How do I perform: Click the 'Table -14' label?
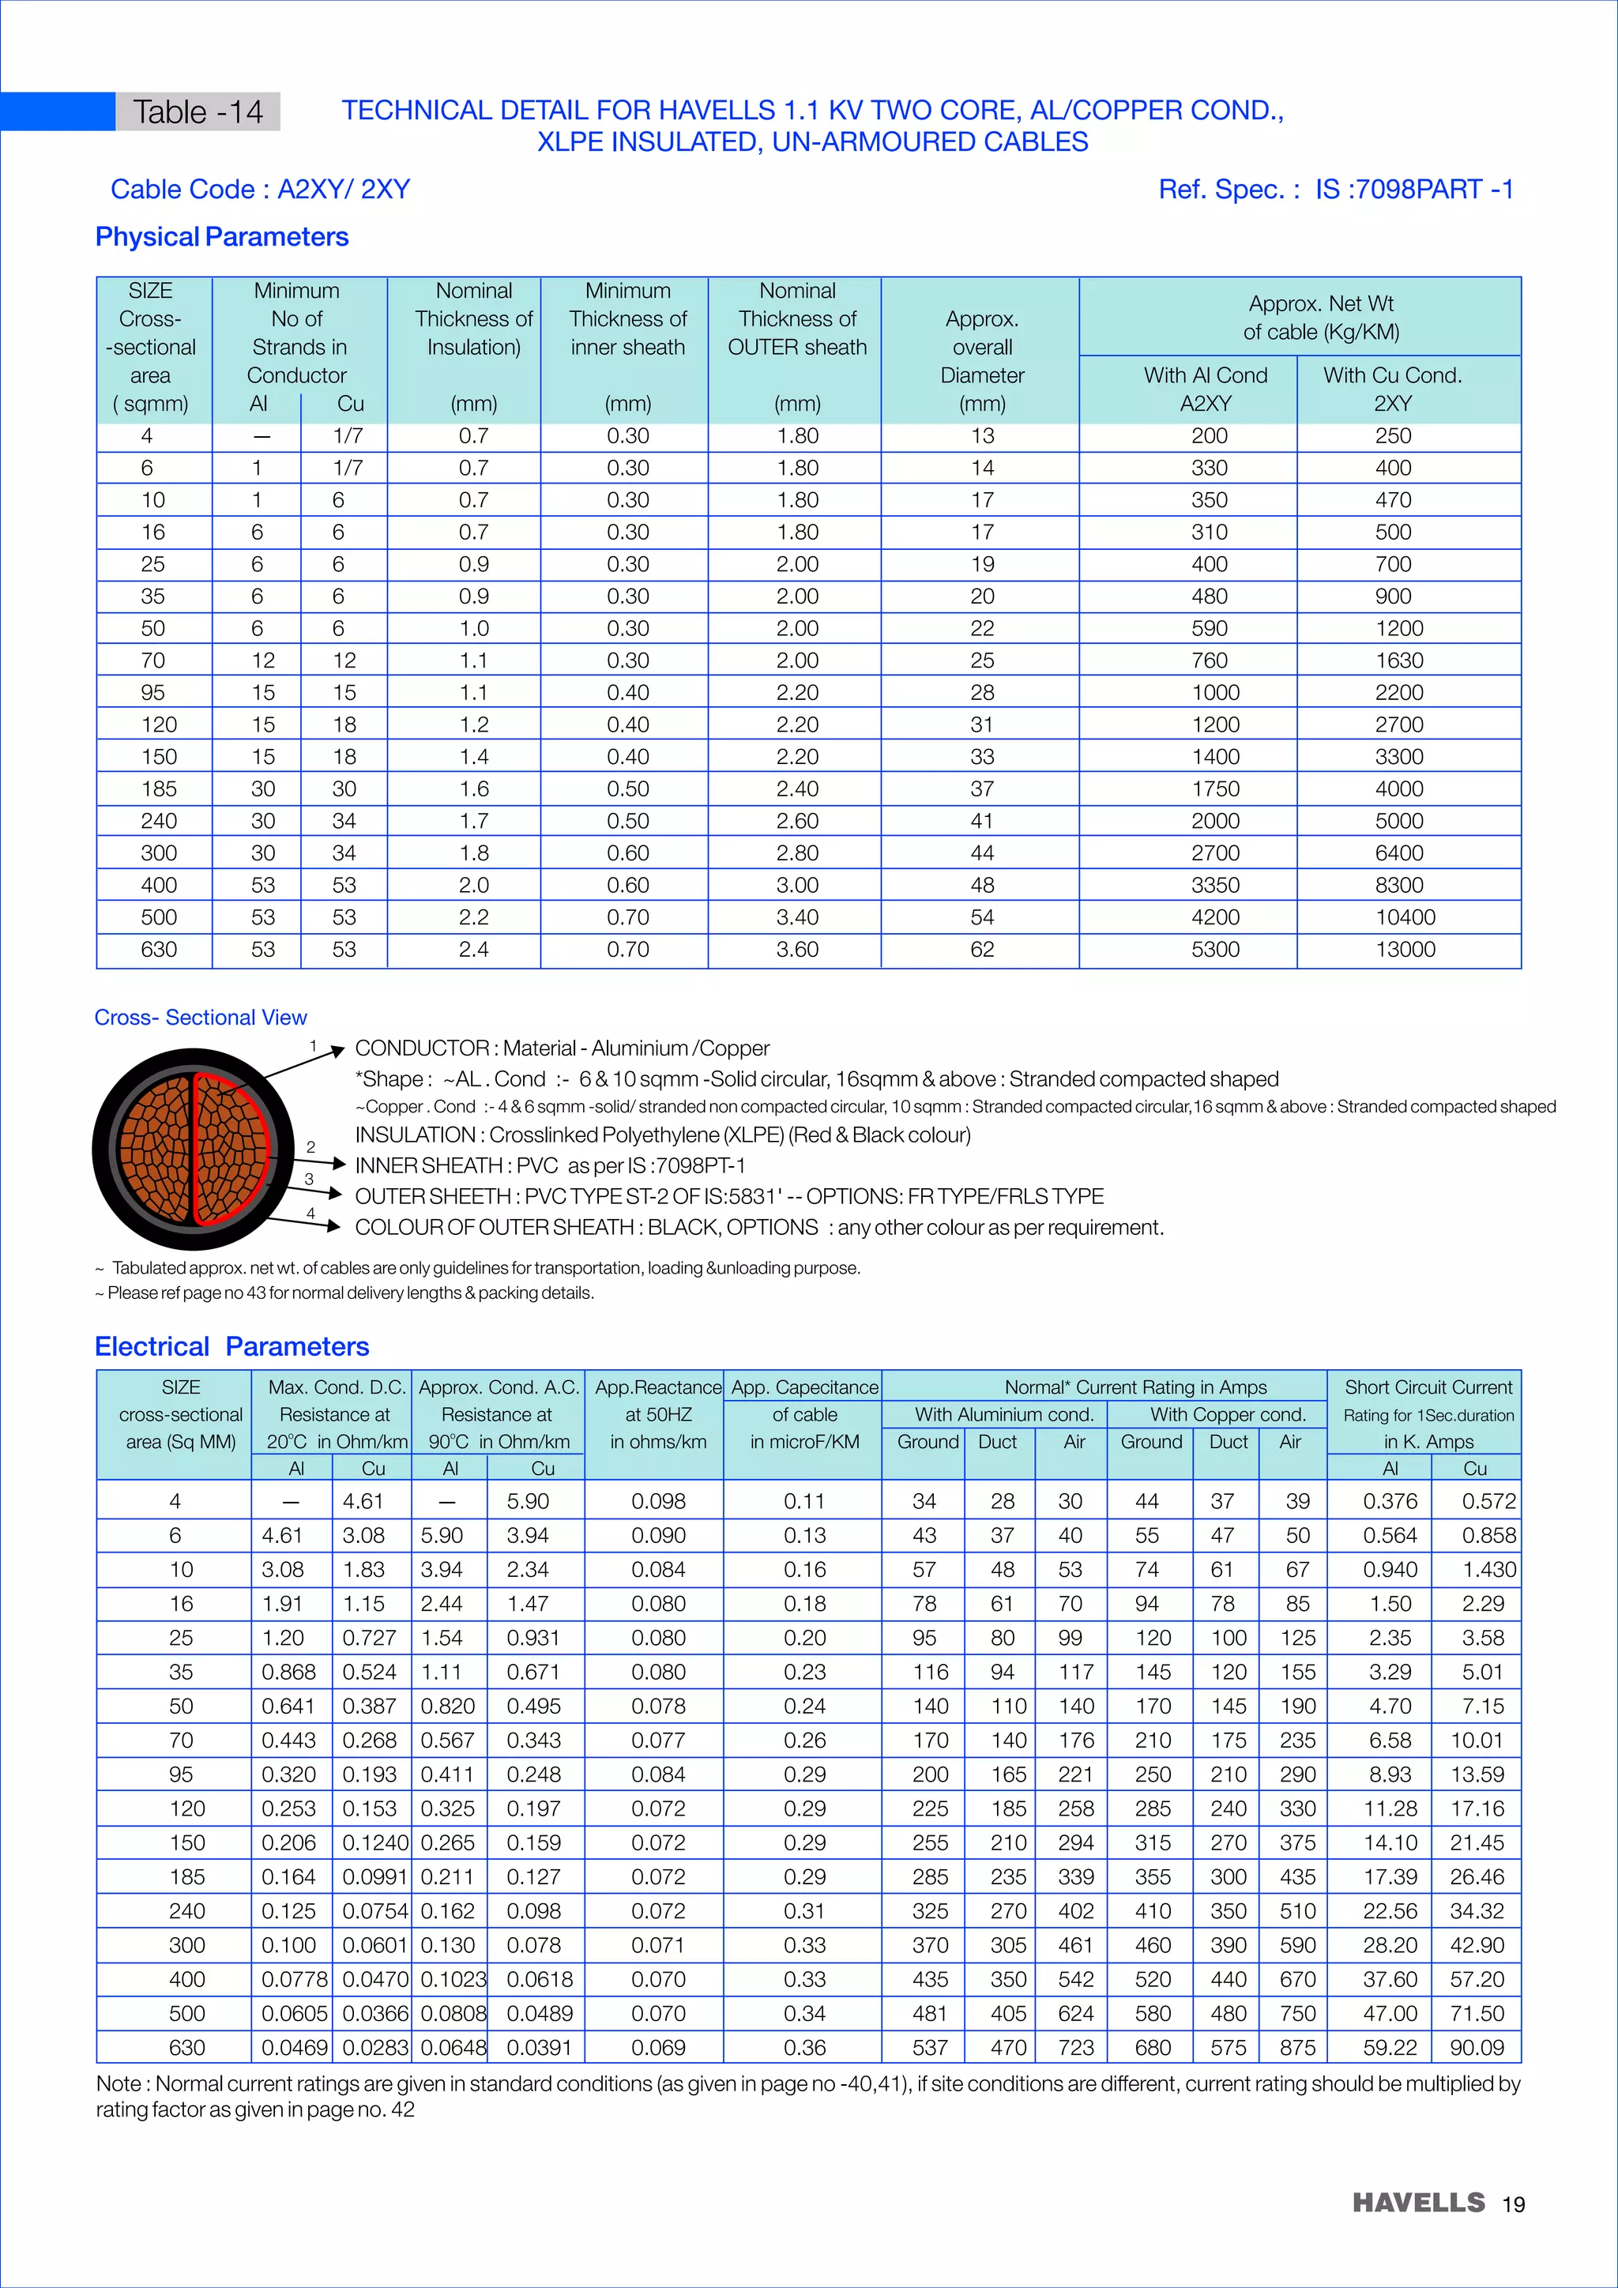coord(198,111)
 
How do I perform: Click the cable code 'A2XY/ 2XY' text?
coord(343,190)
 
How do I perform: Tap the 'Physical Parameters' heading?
coord(221,237)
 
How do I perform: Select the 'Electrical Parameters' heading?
coord(231,1346)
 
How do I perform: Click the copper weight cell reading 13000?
coord(1405,950)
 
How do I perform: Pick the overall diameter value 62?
coord(981,950)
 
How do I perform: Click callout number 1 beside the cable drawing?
coord(313,1045)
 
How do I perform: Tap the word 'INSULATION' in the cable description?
coord(415,1135)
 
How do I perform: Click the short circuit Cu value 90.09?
coord(1477,2048)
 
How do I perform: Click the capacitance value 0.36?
coord(804,2048)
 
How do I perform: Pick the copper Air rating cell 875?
coord(1297,2048)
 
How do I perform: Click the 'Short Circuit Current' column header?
coord(1428,1387)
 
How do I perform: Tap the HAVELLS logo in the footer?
coord(1418,2203)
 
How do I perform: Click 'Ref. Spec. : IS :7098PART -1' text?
coord(1335,190)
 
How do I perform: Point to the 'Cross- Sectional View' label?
coord(200,1018)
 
